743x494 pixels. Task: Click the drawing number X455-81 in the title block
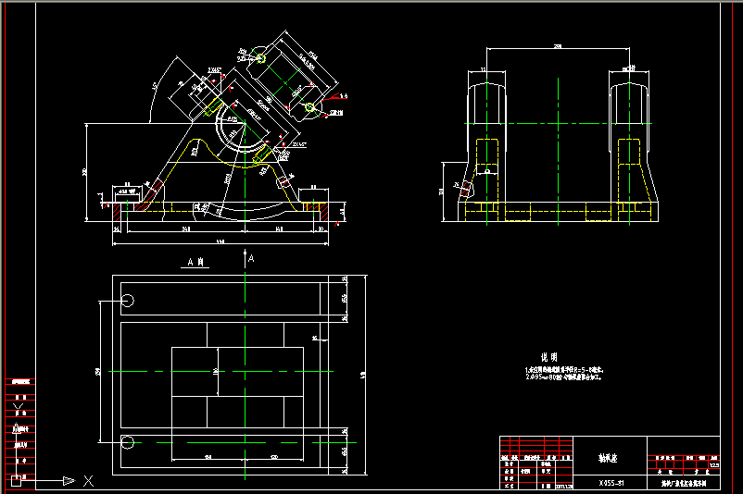point(611,483)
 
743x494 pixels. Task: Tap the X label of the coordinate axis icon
point(88,481)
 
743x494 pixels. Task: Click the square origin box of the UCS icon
point(16,479)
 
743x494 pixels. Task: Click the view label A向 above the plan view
point(195,263)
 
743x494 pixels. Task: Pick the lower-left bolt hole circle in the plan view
point(128,441)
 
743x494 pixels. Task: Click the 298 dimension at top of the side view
point(558,45)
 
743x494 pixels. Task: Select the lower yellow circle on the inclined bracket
point(310,108)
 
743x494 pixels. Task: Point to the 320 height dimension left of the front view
point(84,172)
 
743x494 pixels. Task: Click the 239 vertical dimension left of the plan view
point(98,370)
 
